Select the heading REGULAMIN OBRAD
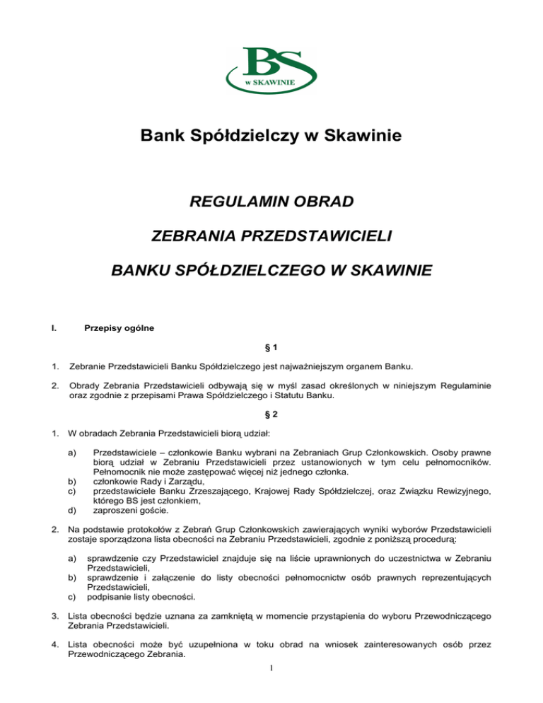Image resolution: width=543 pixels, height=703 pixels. pyautogui.click(x=271, y=204)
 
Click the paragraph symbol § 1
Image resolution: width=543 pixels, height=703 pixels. pyautogui.click(x=271, y=349)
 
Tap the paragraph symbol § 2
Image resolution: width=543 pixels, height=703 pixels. pyautogui.click(x=271, y=417)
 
